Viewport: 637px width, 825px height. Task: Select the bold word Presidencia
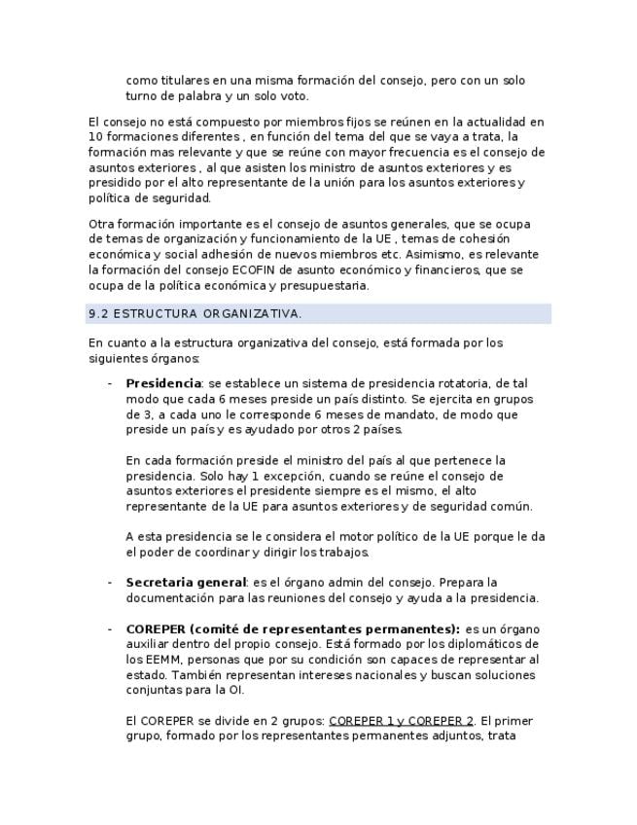(162, 383)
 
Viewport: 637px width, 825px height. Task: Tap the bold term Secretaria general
(187, 583)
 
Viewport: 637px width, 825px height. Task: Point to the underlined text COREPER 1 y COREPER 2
(401, 721)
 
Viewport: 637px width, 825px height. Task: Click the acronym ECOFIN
(258, 269)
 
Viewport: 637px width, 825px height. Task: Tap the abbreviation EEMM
(160, 660)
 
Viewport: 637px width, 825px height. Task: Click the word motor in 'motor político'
(354, 536)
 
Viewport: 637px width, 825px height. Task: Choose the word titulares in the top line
(186, 81)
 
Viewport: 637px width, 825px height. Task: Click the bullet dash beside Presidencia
(110, 383)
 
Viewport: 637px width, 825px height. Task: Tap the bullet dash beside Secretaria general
(110, 583)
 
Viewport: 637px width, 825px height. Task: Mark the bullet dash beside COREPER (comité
(110, 628)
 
